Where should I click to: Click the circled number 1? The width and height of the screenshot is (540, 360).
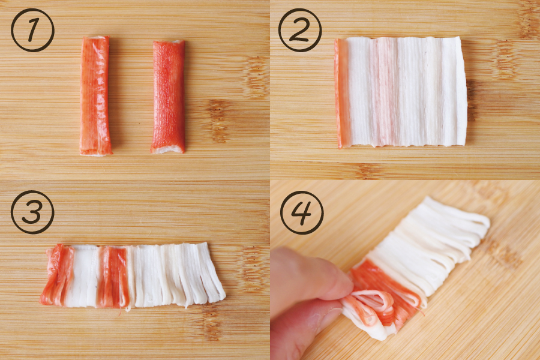click(x=33, y=31)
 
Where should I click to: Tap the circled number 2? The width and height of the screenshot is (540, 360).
click(x=300, y=31)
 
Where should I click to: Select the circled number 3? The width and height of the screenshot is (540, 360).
click(x=33, y=212)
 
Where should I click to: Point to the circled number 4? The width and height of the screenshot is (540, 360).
click(x=302, y=212)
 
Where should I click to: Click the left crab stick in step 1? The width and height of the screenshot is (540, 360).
click(x=95, y=96)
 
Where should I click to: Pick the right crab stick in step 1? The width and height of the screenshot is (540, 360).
click(x=169, y=97)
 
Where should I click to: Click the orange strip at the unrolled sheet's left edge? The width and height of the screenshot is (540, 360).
click(x=342, y=93)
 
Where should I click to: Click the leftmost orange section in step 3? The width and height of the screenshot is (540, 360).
click(x=57, y=275)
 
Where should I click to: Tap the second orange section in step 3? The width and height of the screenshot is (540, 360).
click(x=113, y=277)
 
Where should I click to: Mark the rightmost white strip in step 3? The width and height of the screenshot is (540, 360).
click(x=212, y=272)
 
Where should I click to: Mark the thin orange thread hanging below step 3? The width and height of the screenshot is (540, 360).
click(x=121, y=311)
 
